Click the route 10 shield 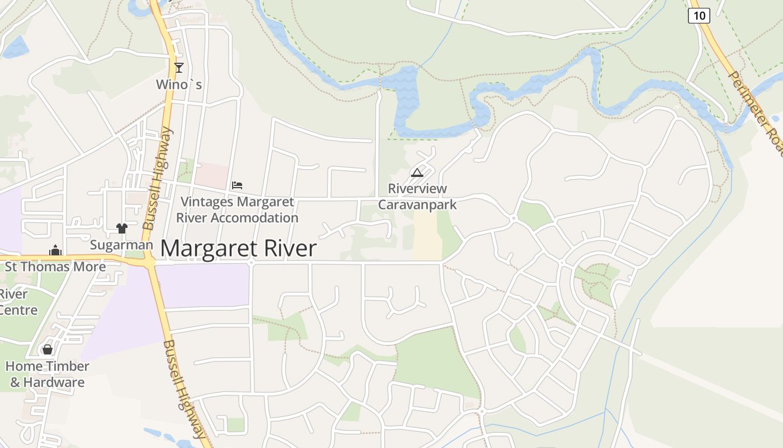[x=699, y=16]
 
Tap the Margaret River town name [x=239, y=249]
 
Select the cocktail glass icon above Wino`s [x=179, y=68]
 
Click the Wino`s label [x=179, y=85]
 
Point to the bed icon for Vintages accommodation [x=237, y=185]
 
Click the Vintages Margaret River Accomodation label [x=237, y=209]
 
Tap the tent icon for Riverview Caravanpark [x=417, y=172]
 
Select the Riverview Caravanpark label [x=417, y=197]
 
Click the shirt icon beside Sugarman [x=122, y=228]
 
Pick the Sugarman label [x=121, y=245]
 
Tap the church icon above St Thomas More [x=55, y=250]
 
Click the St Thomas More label [x=55, y=267]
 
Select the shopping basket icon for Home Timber [x=48, y=349]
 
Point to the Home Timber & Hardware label [x=48, y=374]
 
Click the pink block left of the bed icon [x=211, y=175]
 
